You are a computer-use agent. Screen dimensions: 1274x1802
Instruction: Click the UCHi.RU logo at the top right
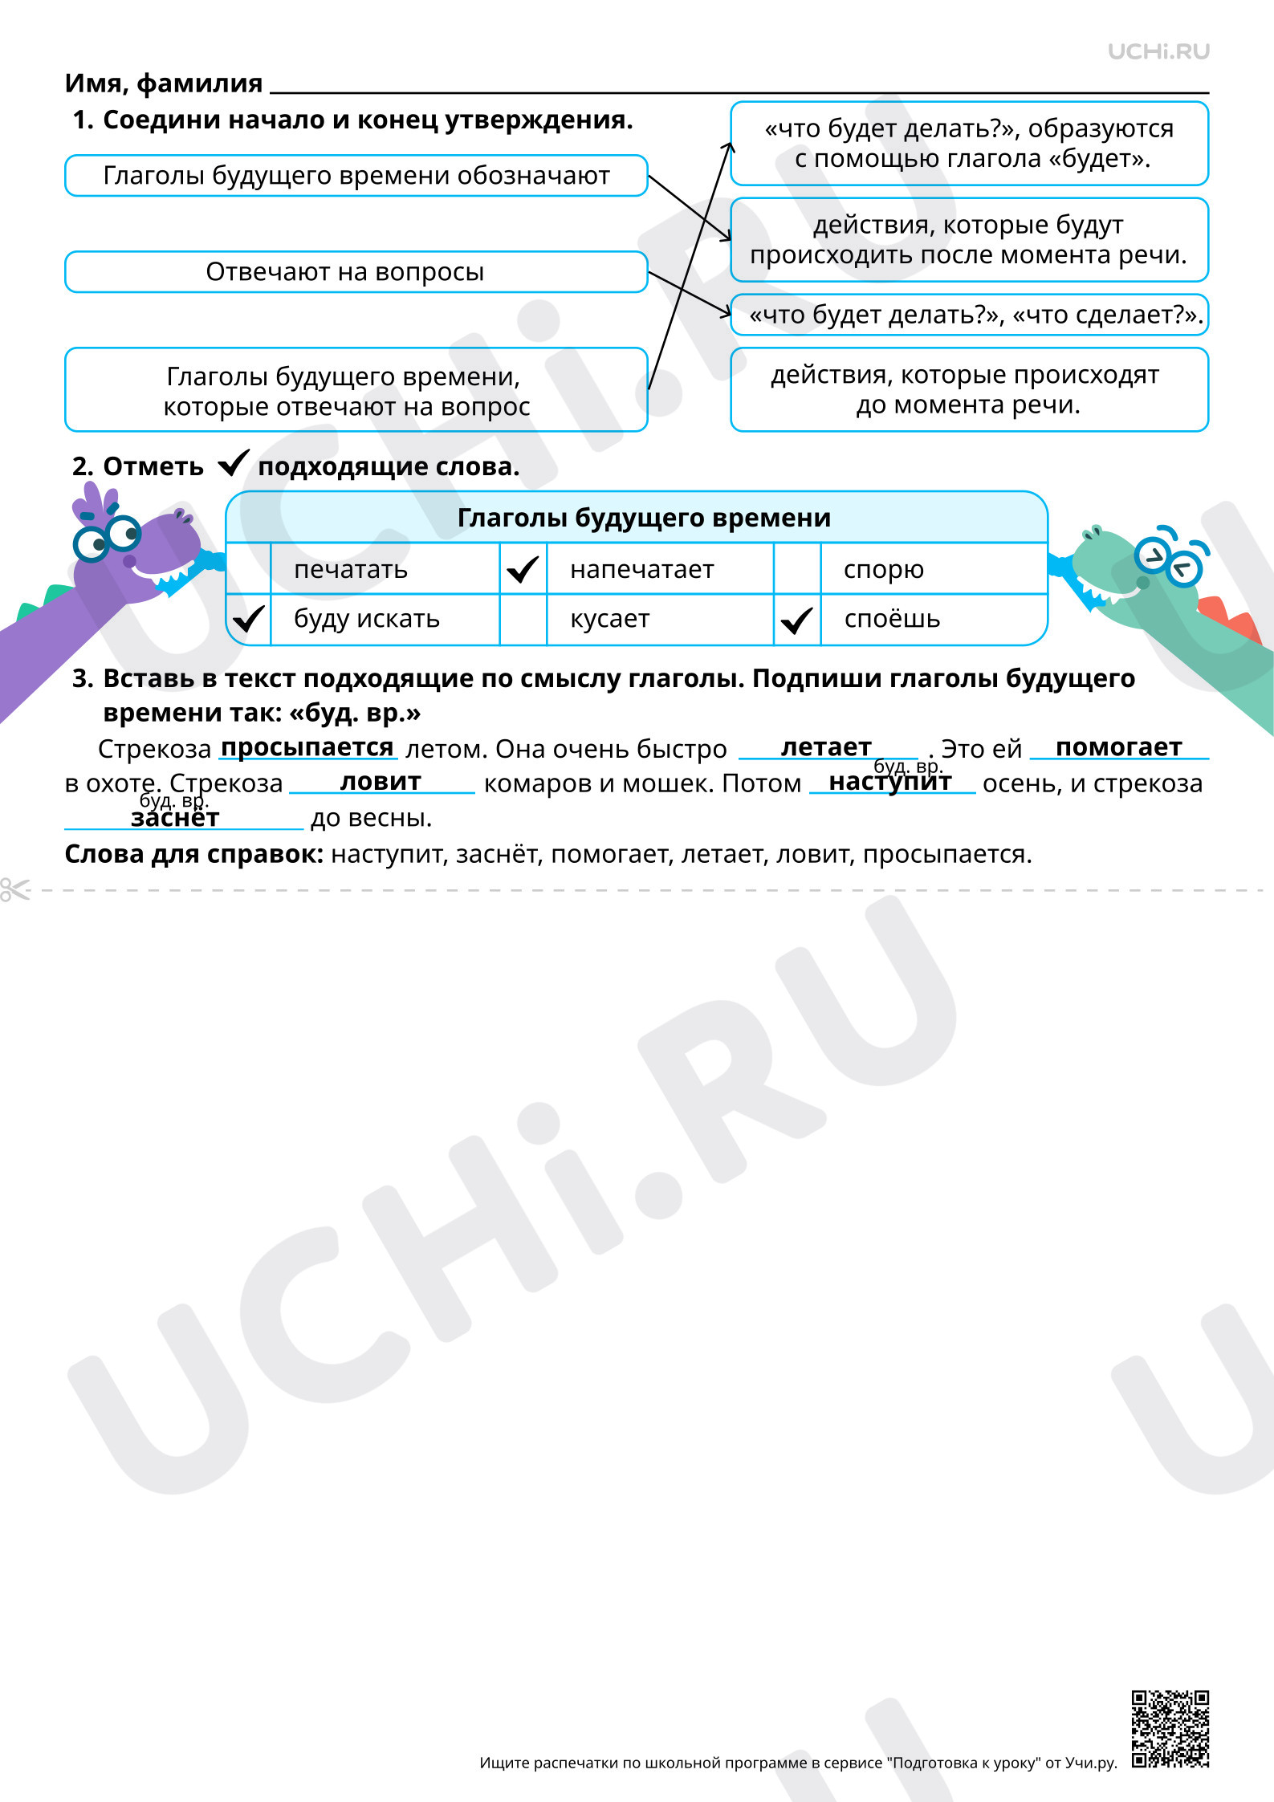pyautogui.click(x=1158, y=52)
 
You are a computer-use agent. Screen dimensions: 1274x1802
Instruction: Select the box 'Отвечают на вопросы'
pyautogui.click(x=356, y=272)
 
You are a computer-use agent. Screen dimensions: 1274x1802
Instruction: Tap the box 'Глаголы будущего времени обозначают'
pyautogui.click(x=356, y=176)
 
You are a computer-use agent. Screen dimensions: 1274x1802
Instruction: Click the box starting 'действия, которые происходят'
pyautogui.click(x=969, y=389)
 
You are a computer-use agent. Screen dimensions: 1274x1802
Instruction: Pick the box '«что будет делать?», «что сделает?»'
pyautogui.click(x=969, y=315)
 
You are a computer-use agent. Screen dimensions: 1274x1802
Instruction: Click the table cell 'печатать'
pyautogui.click(x=385, y=569)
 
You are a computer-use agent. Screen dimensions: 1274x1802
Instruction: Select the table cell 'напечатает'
pyautogui.click(x=660, y=569)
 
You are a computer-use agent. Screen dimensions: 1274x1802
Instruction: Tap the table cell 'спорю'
pyautogui.click(x=934, y=569)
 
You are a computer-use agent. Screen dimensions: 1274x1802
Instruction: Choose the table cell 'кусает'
pyautogui.click(x=660, y=619)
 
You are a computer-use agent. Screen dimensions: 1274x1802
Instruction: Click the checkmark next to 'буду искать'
pyautogui.click(x=249, y=619)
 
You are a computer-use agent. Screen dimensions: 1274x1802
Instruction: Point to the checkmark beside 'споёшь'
pyautogui.click(x=797, y=620)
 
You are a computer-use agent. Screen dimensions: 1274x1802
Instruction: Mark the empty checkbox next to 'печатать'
pyautogui.click(x=249, y=569)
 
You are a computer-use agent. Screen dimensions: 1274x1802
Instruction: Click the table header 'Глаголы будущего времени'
pyautogui.click(x=644, y=518)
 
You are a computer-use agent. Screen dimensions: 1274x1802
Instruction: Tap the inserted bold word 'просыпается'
pyautogui.click(x=307, y=747)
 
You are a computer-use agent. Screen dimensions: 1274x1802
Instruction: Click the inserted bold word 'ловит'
pyautogui.click(x=381, y=782)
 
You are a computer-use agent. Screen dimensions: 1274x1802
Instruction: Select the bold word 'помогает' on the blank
pyautogui.click(x=1119, y=747)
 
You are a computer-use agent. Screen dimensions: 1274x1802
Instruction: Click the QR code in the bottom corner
pyautogui.click(x=1170, y=1729)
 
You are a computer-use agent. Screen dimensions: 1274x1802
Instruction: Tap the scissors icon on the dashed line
pyautogui.click(x=14, y=889)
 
